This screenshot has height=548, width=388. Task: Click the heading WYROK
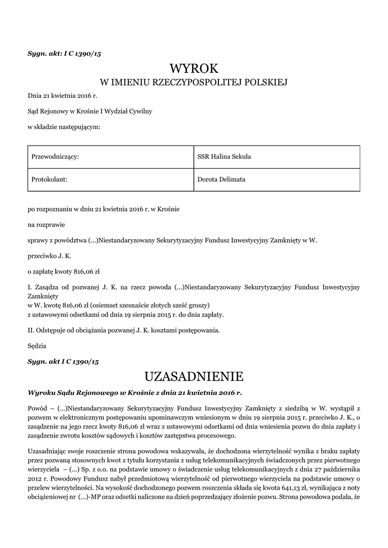click(x=194, y=68)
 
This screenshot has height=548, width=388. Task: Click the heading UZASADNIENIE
click(x=194, y=374)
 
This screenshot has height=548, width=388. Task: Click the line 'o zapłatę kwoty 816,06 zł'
click(x=64, y=271)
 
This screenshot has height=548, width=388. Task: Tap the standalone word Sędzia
click(x=37, y=346)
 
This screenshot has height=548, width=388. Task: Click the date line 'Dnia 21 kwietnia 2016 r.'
click(x=62, y=96)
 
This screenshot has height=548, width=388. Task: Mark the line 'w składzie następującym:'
click(x=64, y=127)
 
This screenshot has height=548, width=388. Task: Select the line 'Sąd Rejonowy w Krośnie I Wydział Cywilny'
click(x=90, y=111)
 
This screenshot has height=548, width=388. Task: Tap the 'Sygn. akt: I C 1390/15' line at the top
click(x=64, y=53)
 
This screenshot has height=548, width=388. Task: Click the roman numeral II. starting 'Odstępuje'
click(x=31, y=330)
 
